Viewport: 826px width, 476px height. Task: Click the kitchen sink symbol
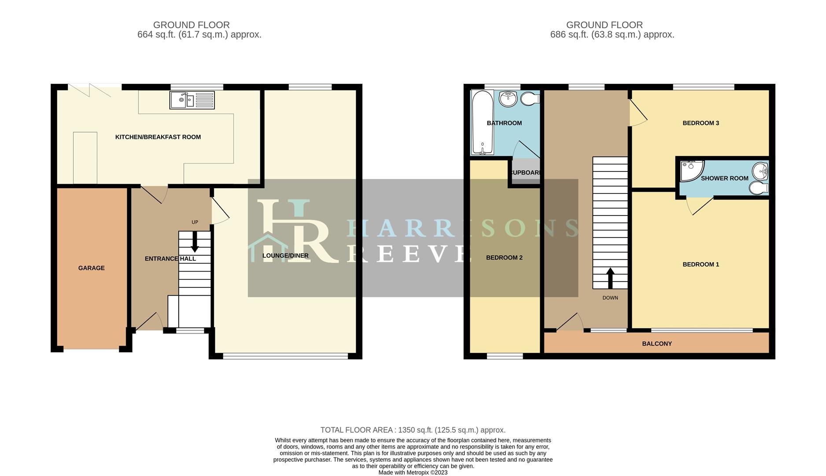pos(192,100)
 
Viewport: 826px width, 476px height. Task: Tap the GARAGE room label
pos(92,268)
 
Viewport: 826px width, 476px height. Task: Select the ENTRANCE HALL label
pos(170,259)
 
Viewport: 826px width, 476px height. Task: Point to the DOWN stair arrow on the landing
pos(610,278)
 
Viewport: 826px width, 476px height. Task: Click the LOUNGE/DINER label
pos(285,256)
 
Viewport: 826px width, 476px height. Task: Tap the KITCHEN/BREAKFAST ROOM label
pos(158,137)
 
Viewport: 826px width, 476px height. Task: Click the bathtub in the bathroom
pos(483,123)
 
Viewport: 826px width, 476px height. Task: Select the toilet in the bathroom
pos(530,99)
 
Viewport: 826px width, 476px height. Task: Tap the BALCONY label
pos(657,344)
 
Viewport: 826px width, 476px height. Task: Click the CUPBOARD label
pos(525,173)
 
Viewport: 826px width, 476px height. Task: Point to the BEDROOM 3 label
pos(701,123)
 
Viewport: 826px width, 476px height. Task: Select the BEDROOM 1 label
pos(701,264)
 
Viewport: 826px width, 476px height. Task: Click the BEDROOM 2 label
pos(504,257)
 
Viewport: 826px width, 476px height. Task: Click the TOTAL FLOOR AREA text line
pos(413,430)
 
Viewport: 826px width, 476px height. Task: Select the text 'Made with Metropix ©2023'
pos(413,472)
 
